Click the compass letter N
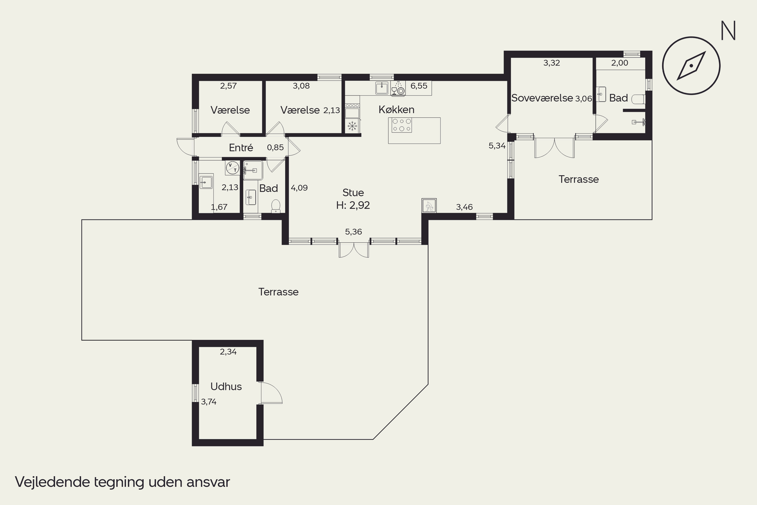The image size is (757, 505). [x=728, y=31]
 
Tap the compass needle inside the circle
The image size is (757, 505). [x=691, y=66]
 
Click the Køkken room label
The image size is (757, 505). [x=396, y=110]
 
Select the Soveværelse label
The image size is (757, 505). [x=542, y=98]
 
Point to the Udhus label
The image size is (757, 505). [x=226, y=387]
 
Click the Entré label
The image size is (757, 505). [x=241, y=147]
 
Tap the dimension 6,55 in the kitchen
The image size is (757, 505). [x=419, y=86]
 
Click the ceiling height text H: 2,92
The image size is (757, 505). [x=353, y=205]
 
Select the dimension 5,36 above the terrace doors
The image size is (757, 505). [x=354, y=232]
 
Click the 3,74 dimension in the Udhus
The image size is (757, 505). [x=209, y=402]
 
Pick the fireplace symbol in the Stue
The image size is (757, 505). [x=429, y=206]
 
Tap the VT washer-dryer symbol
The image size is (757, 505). [x=232, y=167]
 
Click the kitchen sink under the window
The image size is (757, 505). [x=382, y=88]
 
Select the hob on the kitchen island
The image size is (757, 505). [x=402, y=125]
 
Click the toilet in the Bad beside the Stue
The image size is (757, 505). [x=276, y=206]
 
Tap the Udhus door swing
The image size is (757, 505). [x=271, y=393]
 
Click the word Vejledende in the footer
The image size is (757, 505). [x=53, y=482]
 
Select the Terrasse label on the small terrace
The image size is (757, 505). [x=579, y=179]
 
